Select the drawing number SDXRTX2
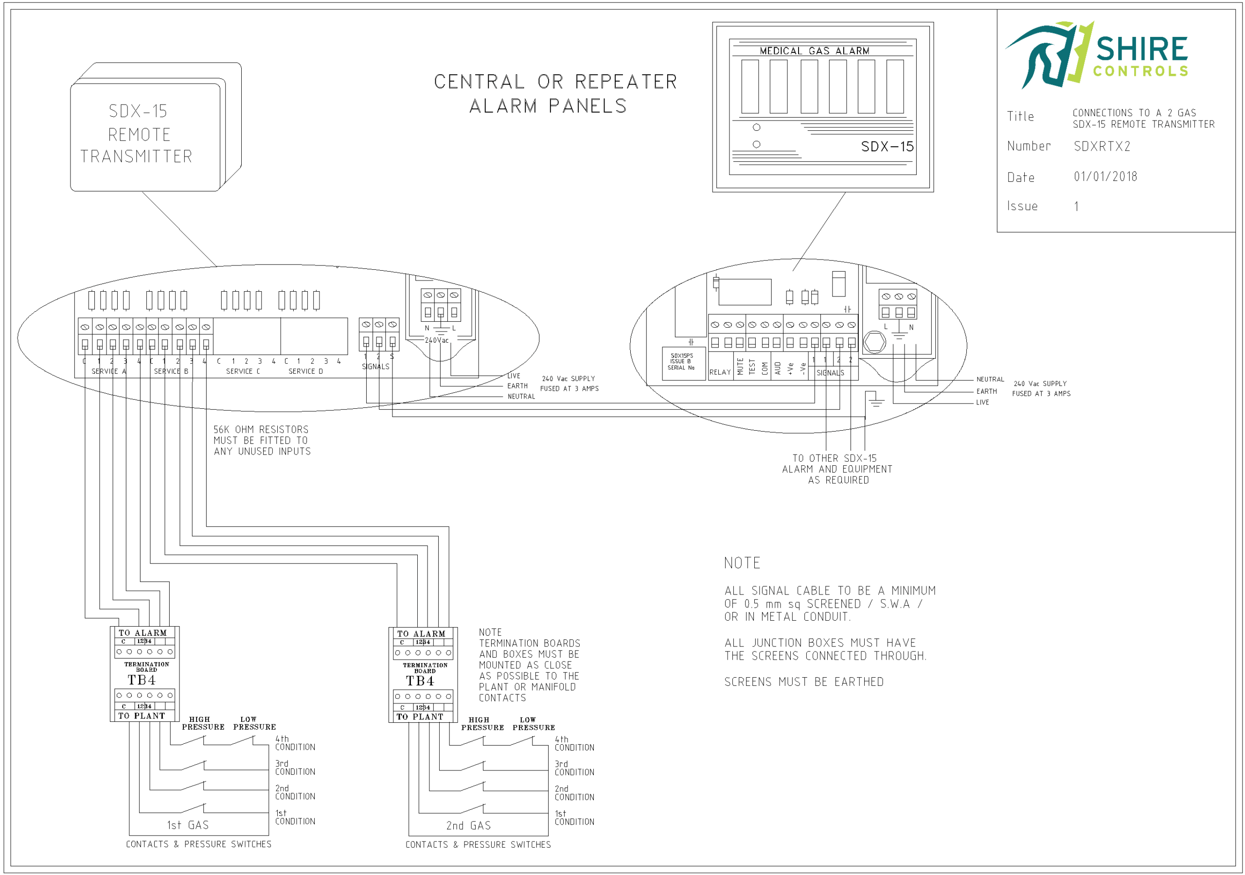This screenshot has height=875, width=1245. tap(1102, 146)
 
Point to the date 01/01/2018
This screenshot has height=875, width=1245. tap(1105, 177)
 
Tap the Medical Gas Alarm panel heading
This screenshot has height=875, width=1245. tap(814, 51)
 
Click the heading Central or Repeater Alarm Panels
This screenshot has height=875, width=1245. tap(555, 93)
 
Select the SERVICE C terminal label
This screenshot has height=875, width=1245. tap(243, 371)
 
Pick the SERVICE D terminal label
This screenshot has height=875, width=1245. tap(305, 371)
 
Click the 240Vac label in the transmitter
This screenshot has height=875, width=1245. tap(437, 340)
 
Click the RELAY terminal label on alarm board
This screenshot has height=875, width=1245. tap(720, 372)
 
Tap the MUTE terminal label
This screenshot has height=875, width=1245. tap(740, 367)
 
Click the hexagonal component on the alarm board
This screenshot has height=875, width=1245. tap(874, 342)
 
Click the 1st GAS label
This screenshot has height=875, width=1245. tap(188, 825)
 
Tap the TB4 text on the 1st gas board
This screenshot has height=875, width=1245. tap(142, 680)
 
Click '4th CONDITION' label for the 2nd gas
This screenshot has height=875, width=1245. tap(574, 743)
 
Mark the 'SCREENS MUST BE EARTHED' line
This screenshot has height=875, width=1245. tap(803, 682)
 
